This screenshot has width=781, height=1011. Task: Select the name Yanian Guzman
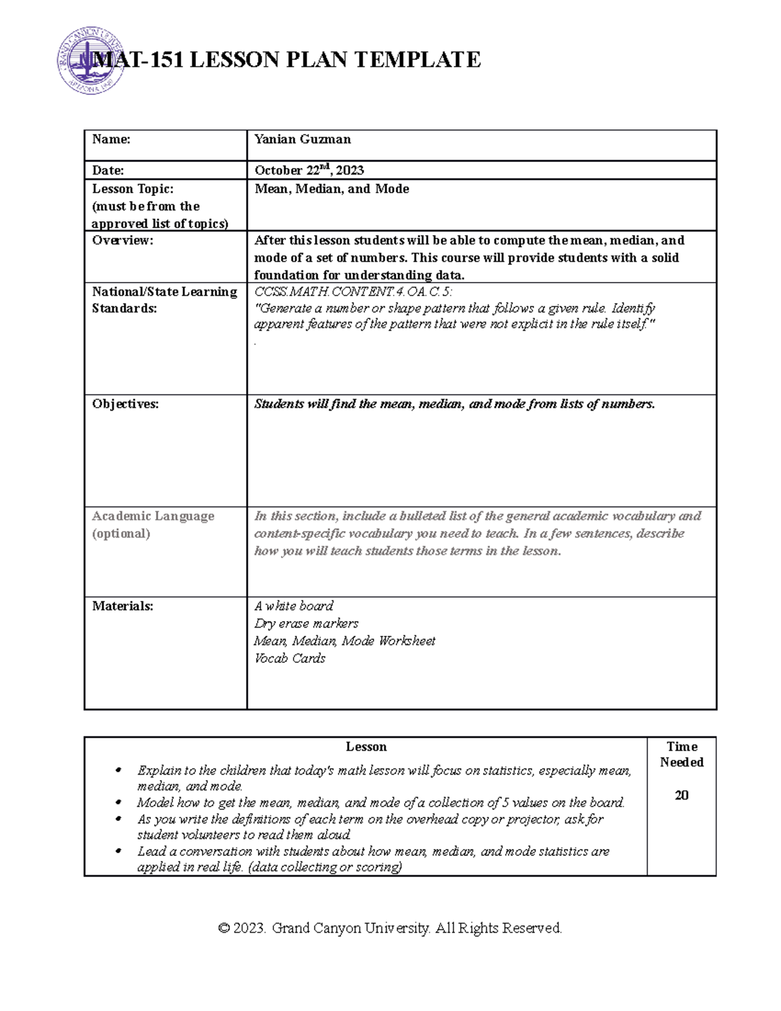[303, 139]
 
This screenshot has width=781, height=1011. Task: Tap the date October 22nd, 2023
[309, 171]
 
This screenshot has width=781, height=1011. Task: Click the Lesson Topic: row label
[133, 189]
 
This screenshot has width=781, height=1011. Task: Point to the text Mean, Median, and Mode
[332, 189]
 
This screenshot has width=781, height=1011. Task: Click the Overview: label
[122, 240]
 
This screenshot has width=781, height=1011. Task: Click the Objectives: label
[125, 404]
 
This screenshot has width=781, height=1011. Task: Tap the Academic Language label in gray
[153, 516]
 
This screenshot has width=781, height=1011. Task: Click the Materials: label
[122, 606]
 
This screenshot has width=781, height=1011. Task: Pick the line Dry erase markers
[306, 624]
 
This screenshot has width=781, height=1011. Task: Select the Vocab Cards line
[290, 659]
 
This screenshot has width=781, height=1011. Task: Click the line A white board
[294, 606]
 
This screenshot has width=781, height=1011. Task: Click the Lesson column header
[366, 747]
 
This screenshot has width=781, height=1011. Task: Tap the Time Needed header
[681, 755]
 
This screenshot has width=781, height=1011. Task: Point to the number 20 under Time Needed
[681, 796]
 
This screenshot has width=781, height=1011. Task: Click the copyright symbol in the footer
[224, 928]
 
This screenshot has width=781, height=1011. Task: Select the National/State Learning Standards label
[164, 300]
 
